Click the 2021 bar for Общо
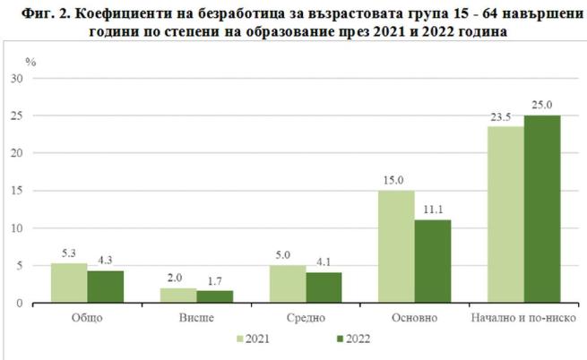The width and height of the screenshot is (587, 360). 69,283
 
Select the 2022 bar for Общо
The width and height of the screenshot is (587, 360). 105,287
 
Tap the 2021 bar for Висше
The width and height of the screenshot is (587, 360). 178,296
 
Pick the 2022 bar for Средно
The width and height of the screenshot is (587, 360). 324,287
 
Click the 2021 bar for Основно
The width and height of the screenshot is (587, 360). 396,246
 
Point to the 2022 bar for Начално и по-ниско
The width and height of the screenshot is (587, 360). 541,209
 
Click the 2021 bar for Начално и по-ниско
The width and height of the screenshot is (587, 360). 505,214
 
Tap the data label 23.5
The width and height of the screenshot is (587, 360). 505,117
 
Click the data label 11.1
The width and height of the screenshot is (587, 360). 433,210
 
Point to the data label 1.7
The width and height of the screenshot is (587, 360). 214,280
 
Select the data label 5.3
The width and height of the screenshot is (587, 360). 69,253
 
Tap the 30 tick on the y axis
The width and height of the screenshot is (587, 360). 18,78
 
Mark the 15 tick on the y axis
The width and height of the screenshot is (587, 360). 18,191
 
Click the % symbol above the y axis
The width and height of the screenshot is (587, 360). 30,61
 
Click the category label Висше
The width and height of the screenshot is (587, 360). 196,318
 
